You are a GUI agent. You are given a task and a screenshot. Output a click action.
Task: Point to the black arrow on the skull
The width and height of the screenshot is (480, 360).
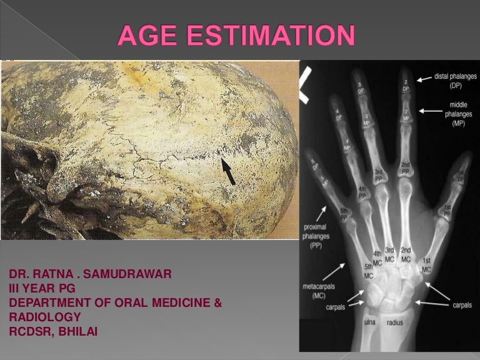coord(228,171)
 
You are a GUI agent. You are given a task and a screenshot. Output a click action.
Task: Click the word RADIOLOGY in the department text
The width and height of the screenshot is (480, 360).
coord(44,317)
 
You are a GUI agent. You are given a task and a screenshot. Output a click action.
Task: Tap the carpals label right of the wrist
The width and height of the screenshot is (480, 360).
coord(462,305)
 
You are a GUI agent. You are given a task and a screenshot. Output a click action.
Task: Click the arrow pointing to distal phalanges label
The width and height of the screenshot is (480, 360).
coord(424,78)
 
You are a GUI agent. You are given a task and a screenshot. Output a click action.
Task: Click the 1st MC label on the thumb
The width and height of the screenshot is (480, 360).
coord(426,264)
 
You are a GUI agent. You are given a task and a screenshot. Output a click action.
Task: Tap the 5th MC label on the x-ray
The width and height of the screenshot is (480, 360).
coord(369,271)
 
